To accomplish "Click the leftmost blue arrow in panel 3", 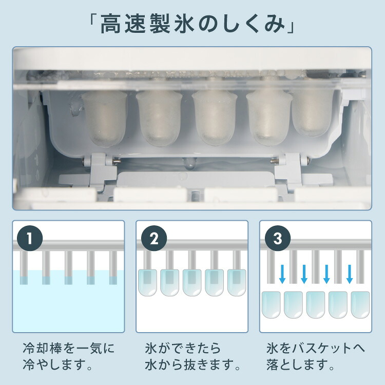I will coord(282,275).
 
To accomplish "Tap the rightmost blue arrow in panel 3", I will coord(350,275).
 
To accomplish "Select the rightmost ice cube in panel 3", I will coord(360,304).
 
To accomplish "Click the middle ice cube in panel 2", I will coord(192,282).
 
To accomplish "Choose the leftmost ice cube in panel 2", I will coord(148,282).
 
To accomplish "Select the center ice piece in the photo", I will coord(215,118).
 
